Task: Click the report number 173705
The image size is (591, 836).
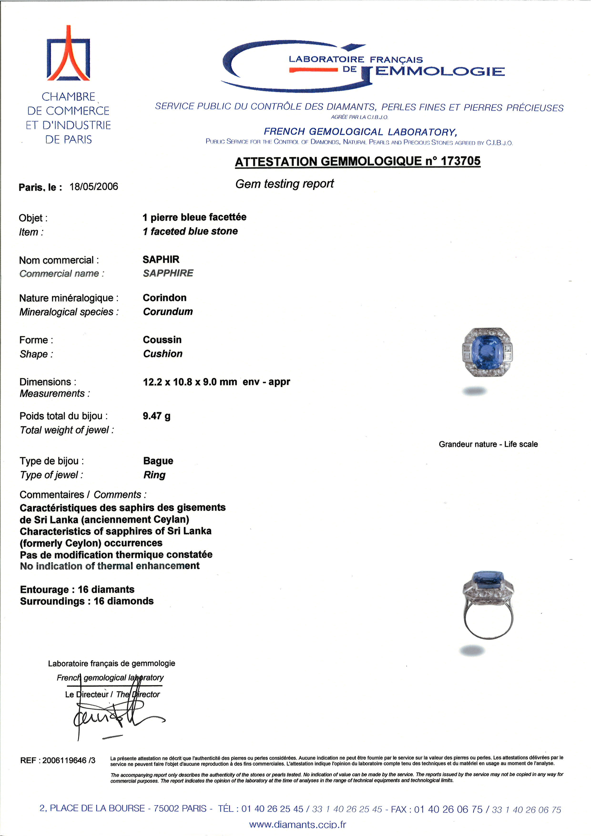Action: point(460,161)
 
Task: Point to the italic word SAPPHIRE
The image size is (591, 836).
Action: point(168,273)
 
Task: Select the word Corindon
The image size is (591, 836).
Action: point(164,298)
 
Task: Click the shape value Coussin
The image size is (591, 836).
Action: point(162,340)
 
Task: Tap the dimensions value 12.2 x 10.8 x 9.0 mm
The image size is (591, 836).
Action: point(190,382)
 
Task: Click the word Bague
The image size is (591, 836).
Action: point(158,461)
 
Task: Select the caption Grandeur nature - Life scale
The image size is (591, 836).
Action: point(488,444)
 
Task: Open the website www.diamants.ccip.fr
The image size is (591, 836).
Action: point(297,825)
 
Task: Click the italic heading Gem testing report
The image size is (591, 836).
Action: point(284,184)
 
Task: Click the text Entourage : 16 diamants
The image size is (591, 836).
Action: point(77,590)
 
